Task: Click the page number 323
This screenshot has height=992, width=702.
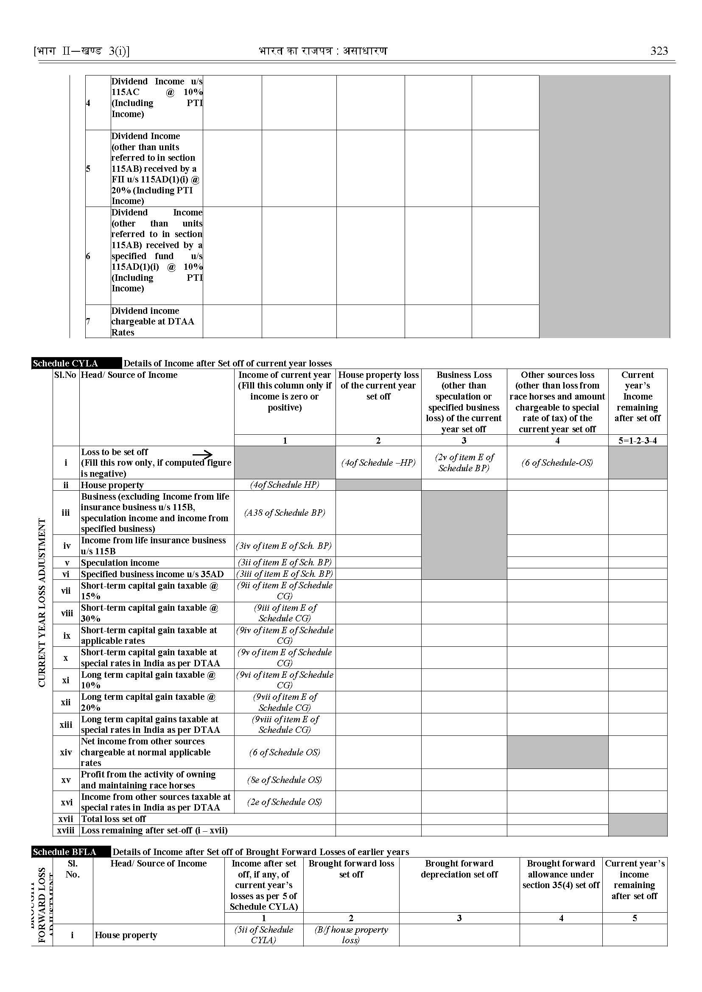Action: (x=659, y=51)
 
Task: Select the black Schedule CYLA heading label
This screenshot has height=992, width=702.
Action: (x=66, y=363)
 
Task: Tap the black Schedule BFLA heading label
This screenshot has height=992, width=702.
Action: (x=65, y=852)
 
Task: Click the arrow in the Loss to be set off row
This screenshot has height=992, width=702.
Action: (x=202, y=454)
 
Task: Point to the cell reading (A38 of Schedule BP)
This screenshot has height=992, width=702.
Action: (x=285, y=513)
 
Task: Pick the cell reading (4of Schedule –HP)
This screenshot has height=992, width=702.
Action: (x=378, y=463)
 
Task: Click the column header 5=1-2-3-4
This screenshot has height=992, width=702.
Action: (x=638, y=441)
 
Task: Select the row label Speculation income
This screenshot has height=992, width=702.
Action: (x=120, y=562)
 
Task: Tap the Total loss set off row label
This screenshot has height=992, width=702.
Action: (x=114, y=819)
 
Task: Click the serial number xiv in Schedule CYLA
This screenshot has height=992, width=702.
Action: (x=66, y=752)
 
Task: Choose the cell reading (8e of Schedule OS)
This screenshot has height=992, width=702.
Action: (x=285, y=780)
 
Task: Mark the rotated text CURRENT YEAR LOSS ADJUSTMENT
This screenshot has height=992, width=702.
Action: (x=42, y=603)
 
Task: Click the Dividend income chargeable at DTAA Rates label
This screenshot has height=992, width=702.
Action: (x=153, y=321)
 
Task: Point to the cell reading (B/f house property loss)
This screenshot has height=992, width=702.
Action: (x=351, y=934)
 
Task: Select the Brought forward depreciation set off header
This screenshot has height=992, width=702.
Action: (x=459, y=869)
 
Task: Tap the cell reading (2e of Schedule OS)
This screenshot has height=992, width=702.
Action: (x=285, y=802)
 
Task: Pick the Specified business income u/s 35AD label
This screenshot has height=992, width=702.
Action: (x=152, y=574)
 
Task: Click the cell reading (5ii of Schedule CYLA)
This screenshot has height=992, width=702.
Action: (x=264, y=934)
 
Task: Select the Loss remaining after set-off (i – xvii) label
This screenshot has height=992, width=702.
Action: (x=154, y=830)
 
